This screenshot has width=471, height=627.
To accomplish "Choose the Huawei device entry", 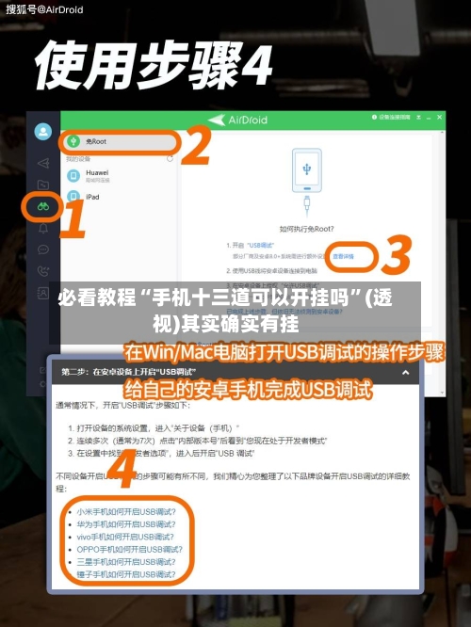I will click(x=97, y=173).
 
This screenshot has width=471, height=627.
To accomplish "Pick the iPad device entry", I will click(x=92, y=197).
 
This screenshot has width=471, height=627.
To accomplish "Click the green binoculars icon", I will click(x=42, y=205).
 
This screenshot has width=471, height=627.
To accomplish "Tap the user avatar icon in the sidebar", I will click(x=42, y=132).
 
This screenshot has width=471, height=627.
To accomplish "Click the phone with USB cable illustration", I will click(x=307, y=179).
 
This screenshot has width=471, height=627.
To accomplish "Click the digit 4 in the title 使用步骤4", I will click(x=252, y=67).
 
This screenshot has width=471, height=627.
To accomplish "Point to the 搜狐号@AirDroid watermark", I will click(x=45, y=9).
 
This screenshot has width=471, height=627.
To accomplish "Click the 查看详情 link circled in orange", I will click(x=342, y=255).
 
